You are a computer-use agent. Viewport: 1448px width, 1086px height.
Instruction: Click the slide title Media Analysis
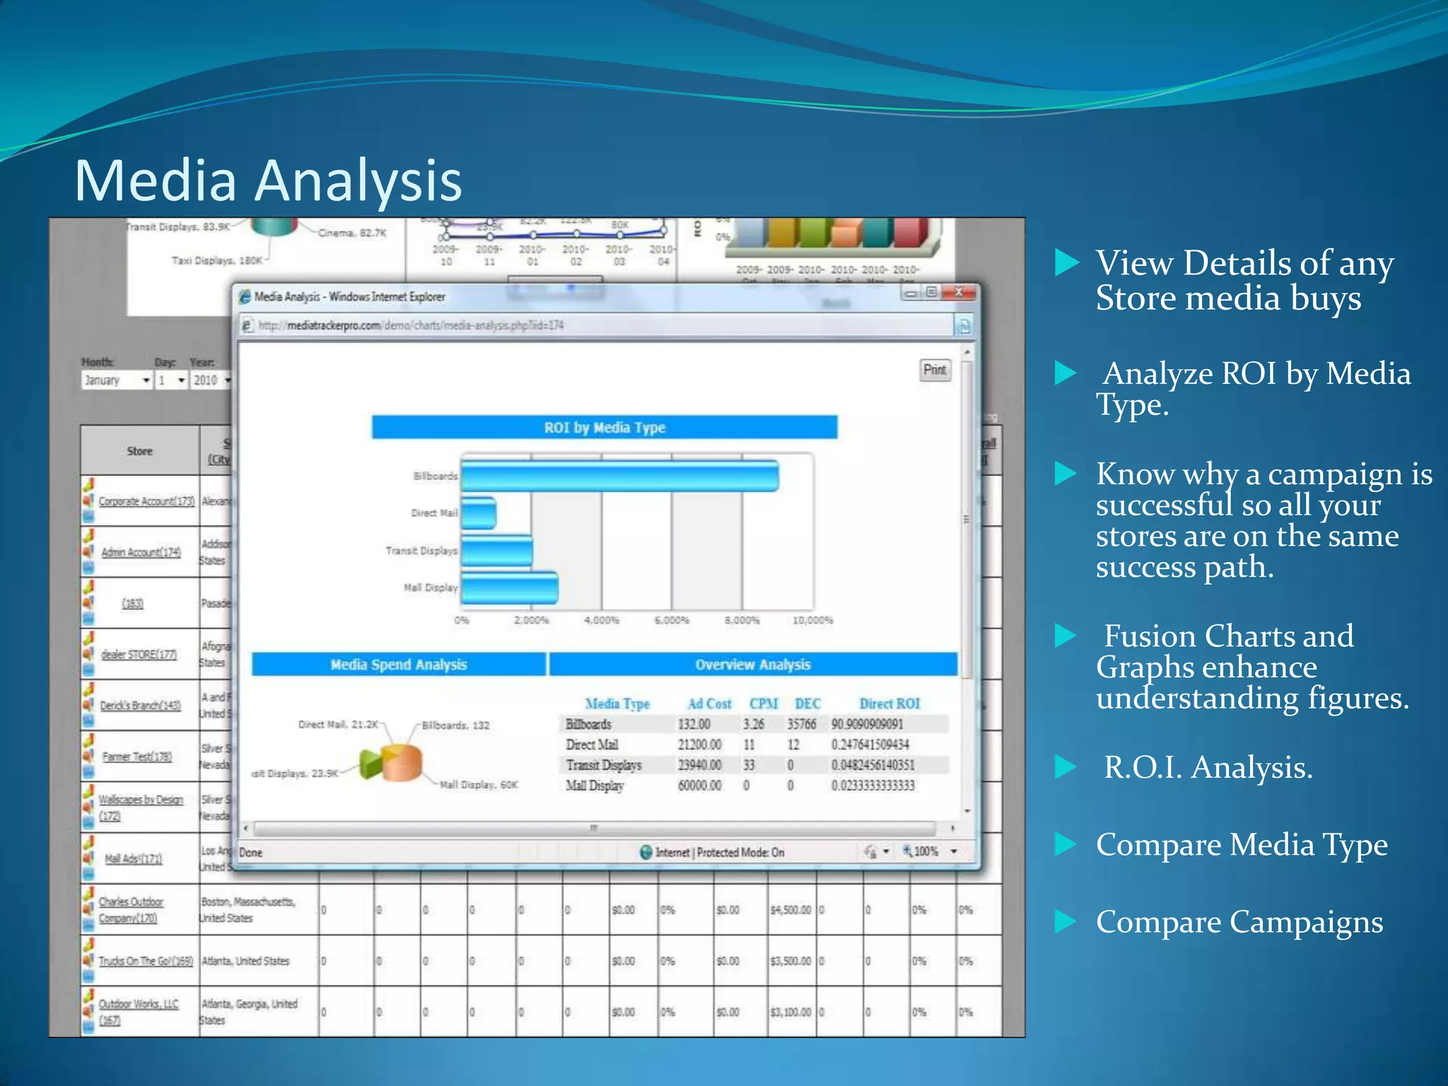point(268,180)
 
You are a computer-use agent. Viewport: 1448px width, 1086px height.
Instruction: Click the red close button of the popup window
point(959,292)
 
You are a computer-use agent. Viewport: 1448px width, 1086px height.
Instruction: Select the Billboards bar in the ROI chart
point(619,476)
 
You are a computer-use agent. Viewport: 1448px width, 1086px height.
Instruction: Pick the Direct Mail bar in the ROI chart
point(479,513)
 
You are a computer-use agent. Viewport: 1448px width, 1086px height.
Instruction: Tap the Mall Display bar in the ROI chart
point(509,588)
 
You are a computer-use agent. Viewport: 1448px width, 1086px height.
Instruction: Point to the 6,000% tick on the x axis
point(671,620)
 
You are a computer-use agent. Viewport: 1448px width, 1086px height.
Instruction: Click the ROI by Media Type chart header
point(605,427)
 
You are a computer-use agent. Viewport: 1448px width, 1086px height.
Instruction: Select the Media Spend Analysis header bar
point(399,665)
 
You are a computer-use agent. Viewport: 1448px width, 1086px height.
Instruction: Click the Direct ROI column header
point(889,703)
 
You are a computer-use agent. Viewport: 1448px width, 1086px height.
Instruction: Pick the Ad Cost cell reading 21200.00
point(699,745)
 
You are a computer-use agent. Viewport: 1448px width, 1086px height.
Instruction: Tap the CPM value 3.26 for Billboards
point(753,724)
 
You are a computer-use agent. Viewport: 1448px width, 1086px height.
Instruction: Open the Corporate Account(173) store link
point(146,501)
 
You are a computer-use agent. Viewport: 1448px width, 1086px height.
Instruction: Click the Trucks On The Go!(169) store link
point(146,961)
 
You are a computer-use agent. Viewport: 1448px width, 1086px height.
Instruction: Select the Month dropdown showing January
point(117,380)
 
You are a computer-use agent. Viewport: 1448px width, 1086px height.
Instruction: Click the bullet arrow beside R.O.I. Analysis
point(1065,767)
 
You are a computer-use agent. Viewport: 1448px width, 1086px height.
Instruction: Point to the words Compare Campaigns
point(1239,922)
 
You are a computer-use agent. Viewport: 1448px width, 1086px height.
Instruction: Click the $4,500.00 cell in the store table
point(790,910)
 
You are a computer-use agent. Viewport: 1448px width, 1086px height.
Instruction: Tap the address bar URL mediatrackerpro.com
point(411,325)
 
